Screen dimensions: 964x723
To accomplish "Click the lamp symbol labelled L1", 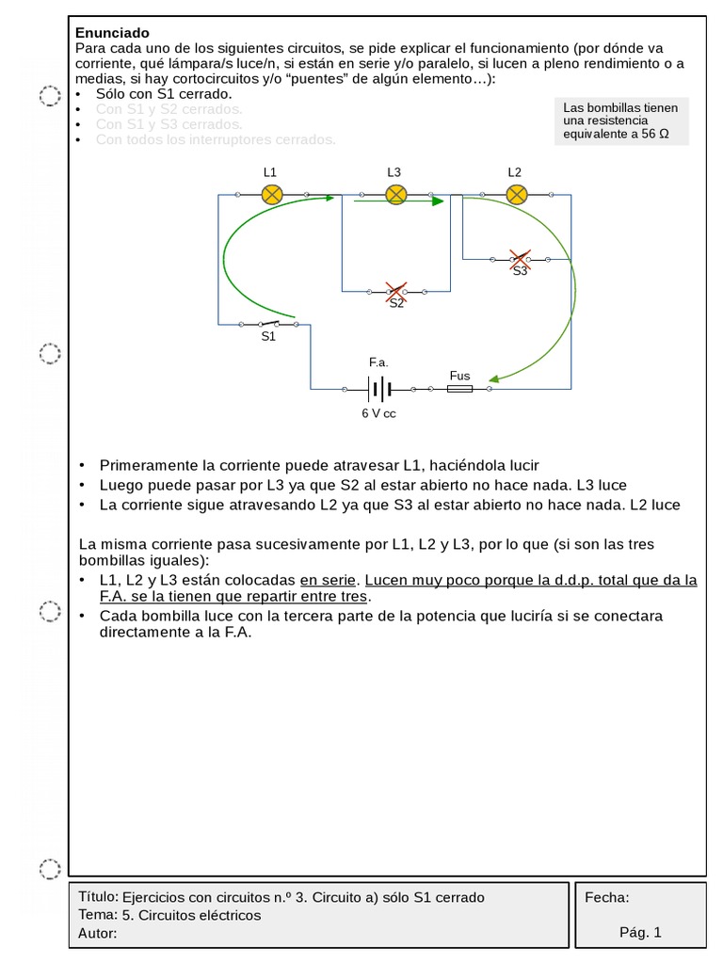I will (271, 195).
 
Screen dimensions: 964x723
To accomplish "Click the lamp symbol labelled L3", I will (396, 195).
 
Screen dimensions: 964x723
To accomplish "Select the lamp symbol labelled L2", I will (516, 195).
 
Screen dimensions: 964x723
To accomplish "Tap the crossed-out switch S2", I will (396, 291).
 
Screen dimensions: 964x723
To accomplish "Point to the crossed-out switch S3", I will (519, 258).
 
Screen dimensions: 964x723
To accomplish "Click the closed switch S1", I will (269, 324).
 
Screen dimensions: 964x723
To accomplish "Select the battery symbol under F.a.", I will (379, 388).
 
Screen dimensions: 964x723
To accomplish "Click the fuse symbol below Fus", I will (459, 388).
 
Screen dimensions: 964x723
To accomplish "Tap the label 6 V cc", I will (378, 413).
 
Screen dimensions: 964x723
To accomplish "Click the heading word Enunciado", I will (112, 33).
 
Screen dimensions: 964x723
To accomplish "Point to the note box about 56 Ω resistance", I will (621, 120).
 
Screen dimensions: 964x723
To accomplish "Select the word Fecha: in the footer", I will (607, 897).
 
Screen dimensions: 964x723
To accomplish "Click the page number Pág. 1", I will (640, 932).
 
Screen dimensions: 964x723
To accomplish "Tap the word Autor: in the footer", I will (99, 933).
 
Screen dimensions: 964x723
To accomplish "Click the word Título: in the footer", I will (100, 896).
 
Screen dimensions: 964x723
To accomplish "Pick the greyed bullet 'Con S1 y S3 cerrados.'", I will (169, 124).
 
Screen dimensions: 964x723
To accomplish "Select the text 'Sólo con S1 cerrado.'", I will (164, 94).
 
